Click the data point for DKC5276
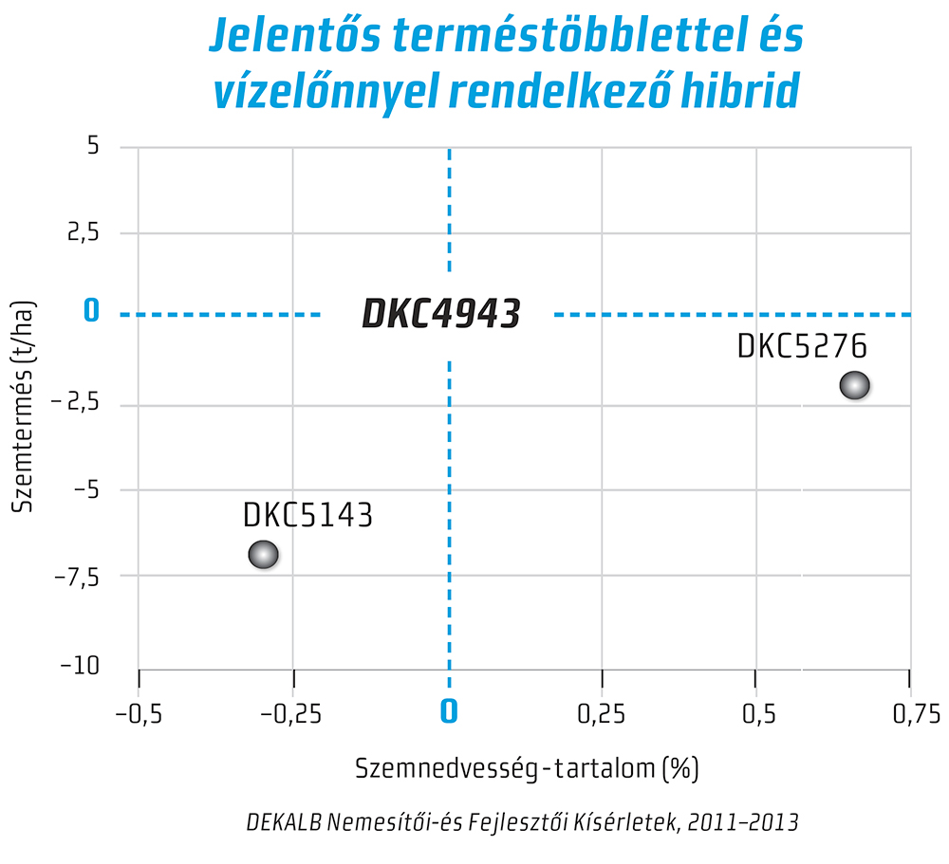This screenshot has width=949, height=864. [854, 385]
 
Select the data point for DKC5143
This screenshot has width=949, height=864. [263, 554]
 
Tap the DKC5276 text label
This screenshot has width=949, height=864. [802, 345]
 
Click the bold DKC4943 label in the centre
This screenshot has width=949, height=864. [441, 314]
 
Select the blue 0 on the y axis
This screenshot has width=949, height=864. [91, 311]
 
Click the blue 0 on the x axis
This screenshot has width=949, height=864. [449, 711]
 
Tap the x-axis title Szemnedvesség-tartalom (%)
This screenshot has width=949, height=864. [527, 767]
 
